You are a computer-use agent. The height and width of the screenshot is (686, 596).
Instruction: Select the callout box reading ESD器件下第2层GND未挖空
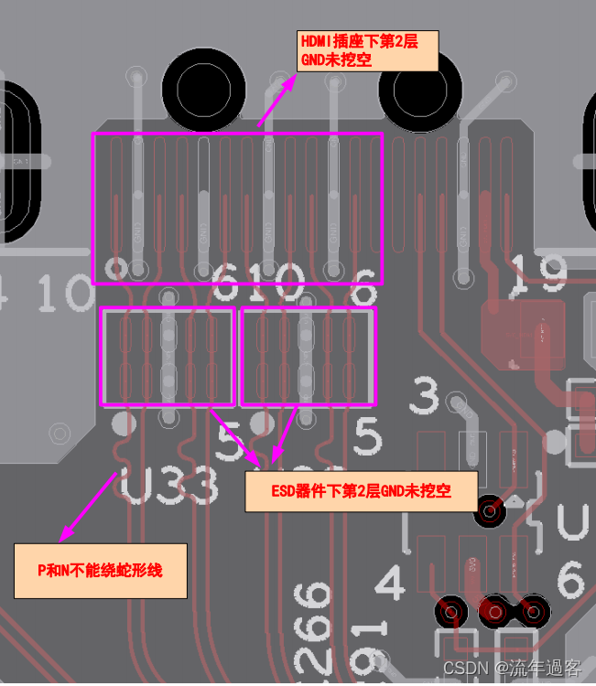361,491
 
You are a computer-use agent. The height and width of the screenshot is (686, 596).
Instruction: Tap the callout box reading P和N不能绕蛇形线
100,569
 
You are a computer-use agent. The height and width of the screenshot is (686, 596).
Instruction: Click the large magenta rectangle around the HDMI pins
237,208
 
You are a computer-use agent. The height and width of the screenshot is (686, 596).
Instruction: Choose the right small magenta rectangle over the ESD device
308,356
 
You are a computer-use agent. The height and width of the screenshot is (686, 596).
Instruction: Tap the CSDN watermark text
512,669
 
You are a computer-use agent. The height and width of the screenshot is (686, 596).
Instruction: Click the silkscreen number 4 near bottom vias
390,582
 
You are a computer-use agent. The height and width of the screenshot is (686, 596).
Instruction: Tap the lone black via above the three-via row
490,512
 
